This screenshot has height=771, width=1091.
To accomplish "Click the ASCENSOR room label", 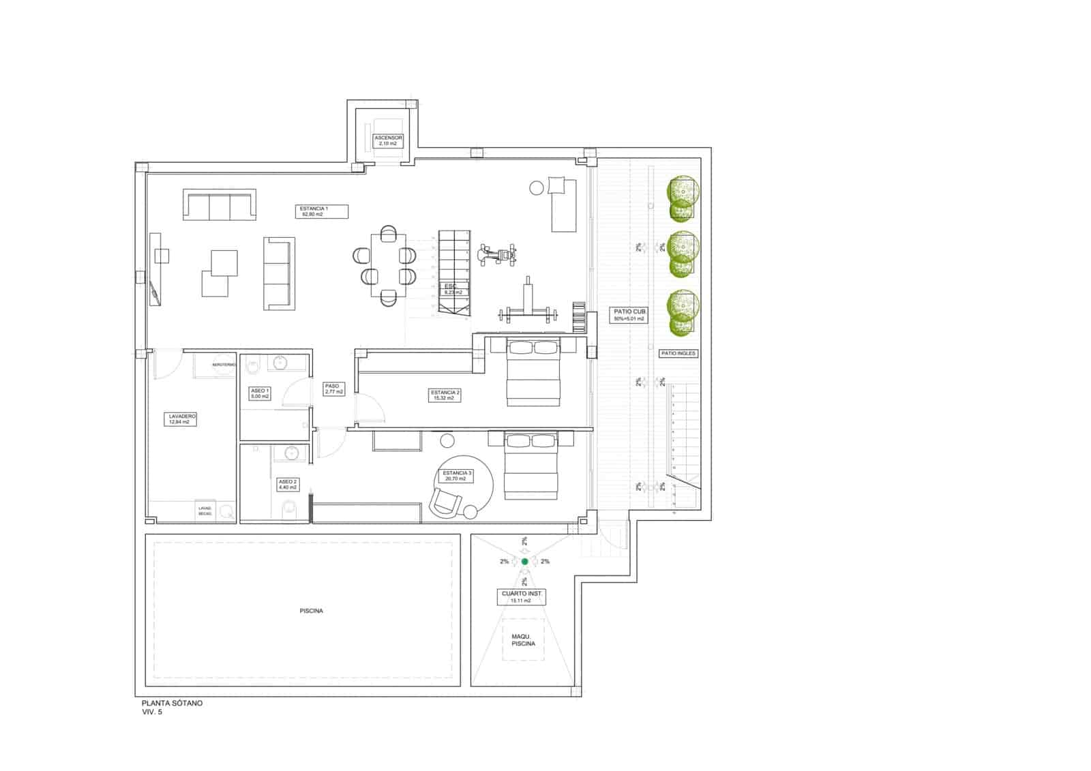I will coord(389,140).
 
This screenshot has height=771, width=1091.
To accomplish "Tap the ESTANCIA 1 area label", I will coord(314,211).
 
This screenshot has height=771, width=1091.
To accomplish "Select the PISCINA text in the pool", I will coord(311,611).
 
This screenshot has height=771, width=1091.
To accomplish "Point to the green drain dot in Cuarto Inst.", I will coord(524,562).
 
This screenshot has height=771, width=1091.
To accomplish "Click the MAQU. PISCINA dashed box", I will coord(523,639).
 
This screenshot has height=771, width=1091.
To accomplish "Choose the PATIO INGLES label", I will coord(678,354).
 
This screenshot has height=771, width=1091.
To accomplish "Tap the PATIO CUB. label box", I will coord(628,315).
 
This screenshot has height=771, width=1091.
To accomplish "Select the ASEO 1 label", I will coord(260,393).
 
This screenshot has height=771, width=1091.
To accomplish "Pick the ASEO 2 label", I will coord(287,485).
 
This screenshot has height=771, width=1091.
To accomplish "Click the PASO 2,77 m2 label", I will coord(333,389).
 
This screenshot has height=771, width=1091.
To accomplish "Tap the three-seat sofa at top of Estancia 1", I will coord(220,206).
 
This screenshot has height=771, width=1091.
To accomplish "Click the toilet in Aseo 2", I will coord(288,508).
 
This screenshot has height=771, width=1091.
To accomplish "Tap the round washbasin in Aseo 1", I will coord(280,363).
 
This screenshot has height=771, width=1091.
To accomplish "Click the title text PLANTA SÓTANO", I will coord(172,703).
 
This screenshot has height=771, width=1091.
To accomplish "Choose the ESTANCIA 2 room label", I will coord(445,395).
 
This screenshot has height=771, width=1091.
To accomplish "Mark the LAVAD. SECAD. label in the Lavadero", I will coord(205,511).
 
